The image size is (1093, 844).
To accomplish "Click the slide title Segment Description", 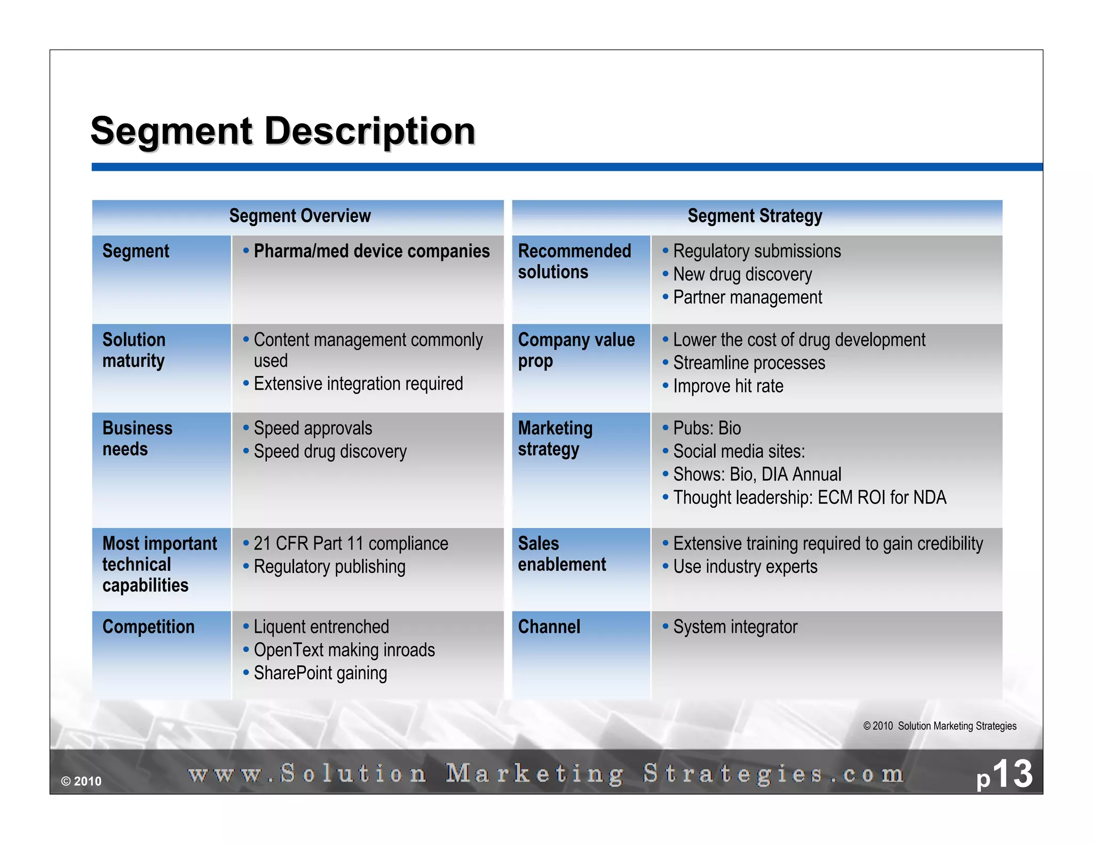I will tap(283, 131).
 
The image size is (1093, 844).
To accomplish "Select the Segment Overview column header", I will tap(299, 216).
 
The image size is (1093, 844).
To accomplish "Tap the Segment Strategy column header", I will tap(755, 216).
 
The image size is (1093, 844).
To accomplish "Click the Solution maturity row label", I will tap(134, 350).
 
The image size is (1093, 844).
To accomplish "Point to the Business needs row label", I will tap(137, 439).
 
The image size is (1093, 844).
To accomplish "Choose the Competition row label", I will tap(148, 627).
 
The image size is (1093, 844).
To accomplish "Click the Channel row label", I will tap(549, 627).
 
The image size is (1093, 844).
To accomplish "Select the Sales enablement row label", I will tap(561, 554).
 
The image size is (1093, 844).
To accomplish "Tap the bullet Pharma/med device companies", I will tap(371, 251).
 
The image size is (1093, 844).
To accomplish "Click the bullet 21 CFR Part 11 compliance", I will tap(351, 544).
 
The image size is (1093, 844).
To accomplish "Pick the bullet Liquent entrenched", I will tap(321, 627).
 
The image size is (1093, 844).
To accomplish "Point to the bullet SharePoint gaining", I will tap(320, 673).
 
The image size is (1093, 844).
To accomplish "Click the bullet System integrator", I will tap(735, 627).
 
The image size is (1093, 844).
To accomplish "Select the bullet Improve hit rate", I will tap(728, 386).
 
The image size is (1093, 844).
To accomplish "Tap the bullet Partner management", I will tap(747, 298).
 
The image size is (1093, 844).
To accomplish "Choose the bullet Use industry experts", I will tap(745, 567).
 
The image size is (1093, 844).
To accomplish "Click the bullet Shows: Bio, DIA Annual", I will tap(757, 474).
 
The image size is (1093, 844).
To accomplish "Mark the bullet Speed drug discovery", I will tap(330, 452).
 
